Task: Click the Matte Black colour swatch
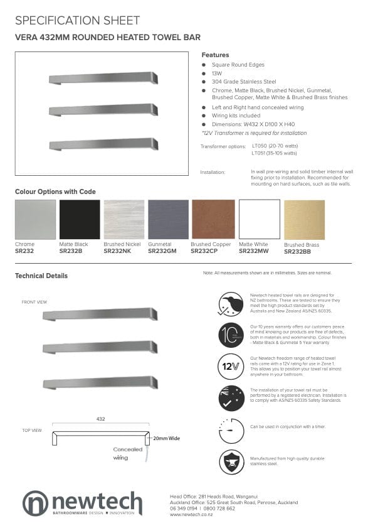[x=80, y=220]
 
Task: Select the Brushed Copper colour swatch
[x=213, y=220]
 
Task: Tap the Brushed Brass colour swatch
[x=304, y=220]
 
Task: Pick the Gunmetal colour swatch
[x=168, y=220]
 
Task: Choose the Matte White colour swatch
[x=259, y=220]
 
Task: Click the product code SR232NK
[x=117, y=251]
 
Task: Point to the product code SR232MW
[x=253, y=251]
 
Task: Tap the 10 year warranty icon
[x=231, y=334]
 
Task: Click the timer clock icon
[x=231, y=430]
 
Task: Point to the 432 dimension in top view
[x=100, y=418]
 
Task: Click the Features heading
[x=215, y=55]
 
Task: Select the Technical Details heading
[x=41, y=276]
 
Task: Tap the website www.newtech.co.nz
[x=191, y=514]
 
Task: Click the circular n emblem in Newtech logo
[x=36, y=504]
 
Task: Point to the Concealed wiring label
[x=128, y=453]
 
